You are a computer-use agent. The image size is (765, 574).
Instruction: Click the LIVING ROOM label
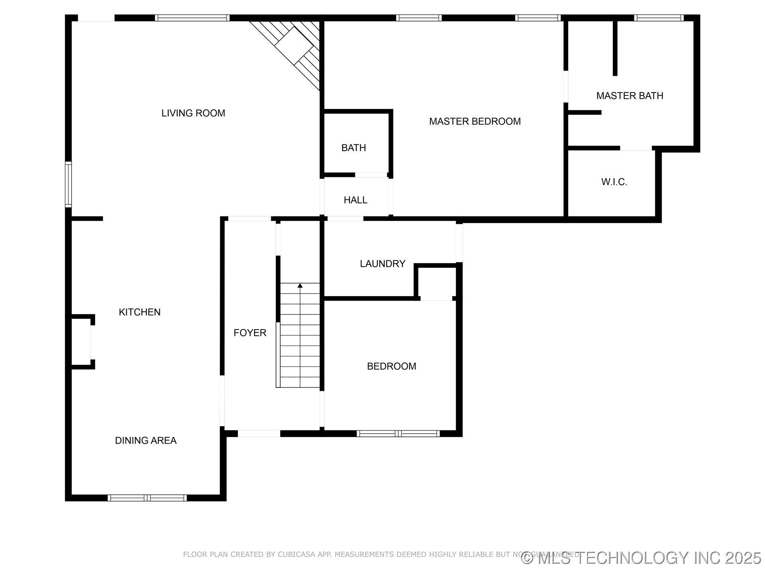point(193,113)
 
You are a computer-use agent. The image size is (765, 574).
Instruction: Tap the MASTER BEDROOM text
point(475,121)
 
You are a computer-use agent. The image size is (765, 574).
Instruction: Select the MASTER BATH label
point(630,96)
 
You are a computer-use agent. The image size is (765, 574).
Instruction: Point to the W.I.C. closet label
point(614,182)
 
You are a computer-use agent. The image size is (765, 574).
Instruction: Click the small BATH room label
point(353,148)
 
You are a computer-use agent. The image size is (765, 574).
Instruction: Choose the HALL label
point(355,200)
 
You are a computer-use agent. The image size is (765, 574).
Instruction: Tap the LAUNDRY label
point(382,263)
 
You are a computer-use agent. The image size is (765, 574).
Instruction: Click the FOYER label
point(250,333)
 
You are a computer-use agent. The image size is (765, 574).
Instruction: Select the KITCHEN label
point(139,312)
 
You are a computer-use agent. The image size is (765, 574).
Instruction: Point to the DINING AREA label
point(145,440)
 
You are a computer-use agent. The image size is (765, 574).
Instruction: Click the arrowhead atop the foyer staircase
point(300,285)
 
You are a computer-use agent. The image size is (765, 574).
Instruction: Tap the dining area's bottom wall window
point(147,497)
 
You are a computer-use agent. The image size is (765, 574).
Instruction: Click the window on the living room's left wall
point(69,184)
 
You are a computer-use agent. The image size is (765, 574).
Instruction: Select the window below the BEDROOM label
point(398,433)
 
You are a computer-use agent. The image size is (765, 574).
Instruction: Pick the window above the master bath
point(659,18)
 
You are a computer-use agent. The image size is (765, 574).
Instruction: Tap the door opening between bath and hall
point(371,175)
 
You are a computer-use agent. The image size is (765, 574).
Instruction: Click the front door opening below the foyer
point(259,433)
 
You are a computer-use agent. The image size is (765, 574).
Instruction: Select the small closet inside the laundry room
point(437,282)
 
